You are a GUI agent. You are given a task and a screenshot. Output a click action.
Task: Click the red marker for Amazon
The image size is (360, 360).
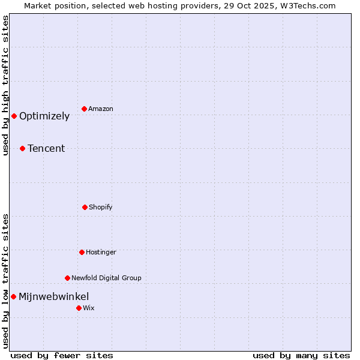click(x=84, y=109)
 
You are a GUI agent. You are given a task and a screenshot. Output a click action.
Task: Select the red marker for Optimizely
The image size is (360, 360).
click(x=14, y=116)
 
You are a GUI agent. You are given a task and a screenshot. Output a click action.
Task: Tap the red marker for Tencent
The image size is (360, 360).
click(x=22, y=148)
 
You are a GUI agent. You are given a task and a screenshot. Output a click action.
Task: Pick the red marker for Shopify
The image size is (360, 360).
click(x=85, y=207)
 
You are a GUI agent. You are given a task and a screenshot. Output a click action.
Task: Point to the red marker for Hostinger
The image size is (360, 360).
click(x=82, y=252)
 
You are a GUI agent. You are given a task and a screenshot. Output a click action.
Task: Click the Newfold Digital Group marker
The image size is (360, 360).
click(x=67, y=278)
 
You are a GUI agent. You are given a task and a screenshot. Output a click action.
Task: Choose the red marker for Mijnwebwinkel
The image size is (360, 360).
click(x=13, y=296)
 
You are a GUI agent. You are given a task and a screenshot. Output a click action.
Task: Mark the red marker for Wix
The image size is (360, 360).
click(x=79, y=308)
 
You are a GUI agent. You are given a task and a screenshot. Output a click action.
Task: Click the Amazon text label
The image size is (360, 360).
click(x=101, y=109)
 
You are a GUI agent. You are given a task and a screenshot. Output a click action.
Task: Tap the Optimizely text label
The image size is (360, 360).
click(x=44, y=116)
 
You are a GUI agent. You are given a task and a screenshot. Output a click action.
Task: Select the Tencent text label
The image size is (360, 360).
click(x=46, y=149)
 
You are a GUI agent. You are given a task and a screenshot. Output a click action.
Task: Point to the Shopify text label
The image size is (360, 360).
click(x=101, y=208)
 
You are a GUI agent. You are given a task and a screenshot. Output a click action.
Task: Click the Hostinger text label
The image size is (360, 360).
click(x=101, y=253)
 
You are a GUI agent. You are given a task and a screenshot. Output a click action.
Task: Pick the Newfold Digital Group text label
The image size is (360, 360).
click(x=106, y=278)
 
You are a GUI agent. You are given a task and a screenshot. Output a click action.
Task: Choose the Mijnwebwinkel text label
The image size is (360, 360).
click(x=54, y=297)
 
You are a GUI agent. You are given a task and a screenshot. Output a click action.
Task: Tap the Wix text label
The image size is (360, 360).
click(x=89, y=308)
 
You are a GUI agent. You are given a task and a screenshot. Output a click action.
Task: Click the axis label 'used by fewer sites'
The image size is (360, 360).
click(x=62, y=356)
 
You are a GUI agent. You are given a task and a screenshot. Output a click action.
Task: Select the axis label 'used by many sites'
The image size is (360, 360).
click(x=301, y=356)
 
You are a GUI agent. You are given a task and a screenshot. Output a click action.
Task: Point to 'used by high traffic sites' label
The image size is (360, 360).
click(x=6, y=85)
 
